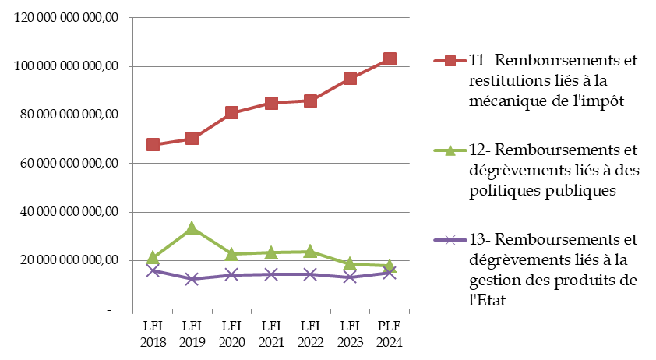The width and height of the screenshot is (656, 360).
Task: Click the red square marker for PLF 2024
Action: click(x=390, y=59)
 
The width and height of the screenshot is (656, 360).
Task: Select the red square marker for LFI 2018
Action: click(x=153, y=144)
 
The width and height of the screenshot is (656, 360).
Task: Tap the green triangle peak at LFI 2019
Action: click(x=192, y=228)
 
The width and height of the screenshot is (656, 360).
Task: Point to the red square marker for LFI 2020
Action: click(x=231, y=112)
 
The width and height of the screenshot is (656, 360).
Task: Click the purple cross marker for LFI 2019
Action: click(x=192, y=279)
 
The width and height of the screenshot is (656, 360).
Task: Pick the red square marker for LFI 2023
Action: click(x=350, y=78)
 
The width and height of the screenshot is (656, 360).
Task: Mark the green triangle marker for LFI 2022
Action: click(x=310, y=251)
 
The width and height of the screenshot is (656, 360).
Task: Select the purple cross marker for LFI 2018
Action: click(x=153, y=270)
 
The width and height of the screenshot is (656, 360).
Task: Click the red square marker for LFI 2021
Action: click(x=271, y=103)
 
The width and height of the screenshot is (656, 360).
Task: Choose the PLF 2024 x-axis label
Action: click(x=390, y=333)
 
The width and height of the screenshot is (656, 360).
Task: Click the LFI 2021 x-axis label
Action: click(x=271, y=333)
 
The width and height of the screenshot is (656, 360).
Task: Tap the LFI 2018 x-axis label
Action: click(x=153, y=333)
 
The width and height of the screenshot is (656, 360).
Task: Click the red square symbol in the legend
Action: click(x=450, y=60)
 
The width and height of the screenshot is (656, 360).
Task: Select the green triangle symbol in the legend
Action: click(x=450, y=150)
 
